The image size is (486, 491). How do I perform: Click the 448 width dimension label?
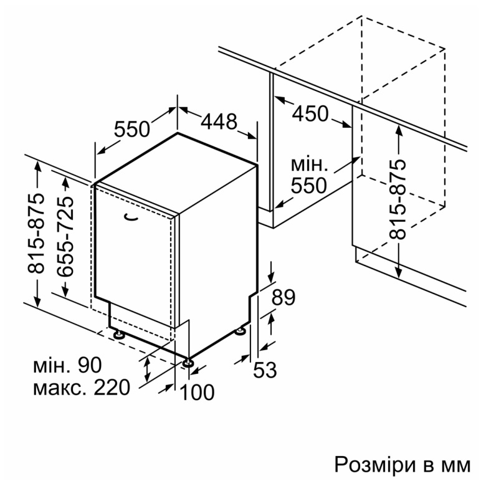(219, 122)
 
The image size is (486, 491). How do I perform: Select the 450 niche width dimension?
(310, 113)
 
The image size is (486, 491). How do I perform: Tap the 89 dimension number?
(283, 297)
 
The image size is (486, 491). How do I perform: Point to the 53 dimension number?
(265, 369)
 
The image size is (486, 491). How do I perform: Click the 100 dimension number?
(198, 392)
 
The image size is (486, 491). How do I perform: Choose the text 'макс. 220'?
(82, 388)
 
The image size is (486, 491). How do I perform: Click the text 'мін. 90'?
(67, 365)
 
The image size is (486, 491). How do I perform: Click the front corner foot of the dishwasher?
(188, 362)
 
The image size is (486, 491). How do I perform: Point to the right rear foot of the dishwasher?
(241, 331)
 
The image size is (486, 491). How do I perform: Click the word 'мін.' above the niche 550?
(309, 165)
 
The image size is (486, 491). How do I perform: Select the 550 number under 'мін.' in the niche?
(309, 186)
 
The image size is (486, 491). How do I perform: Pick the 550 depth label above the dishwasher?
(132, 129)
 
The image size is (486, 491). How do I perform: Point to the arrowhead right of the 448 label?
(252, 136)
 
